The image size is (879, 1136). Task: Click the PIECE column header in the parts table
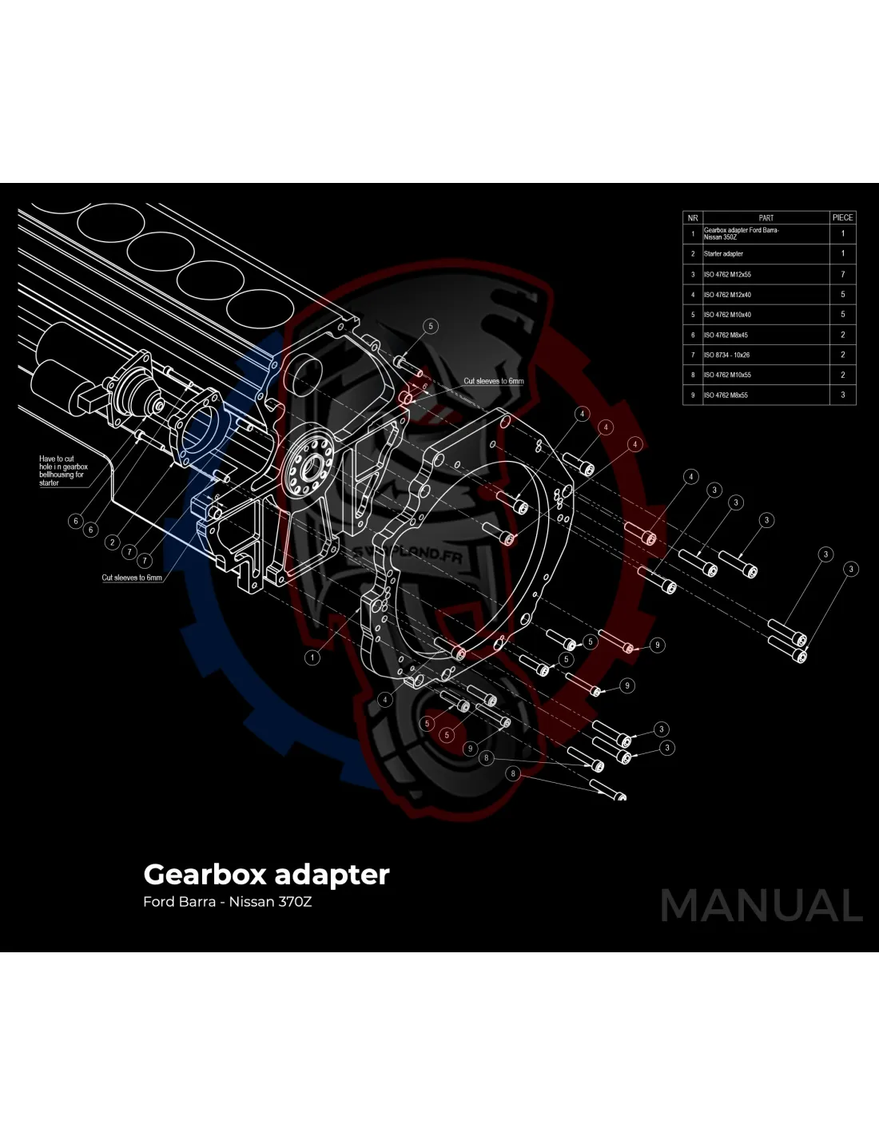(x=842, y=217)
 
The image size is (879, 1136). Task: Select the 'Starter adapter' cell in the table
(x=723, y=254)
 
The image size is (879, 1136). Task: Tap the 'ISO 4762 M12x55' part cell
(x=727, y=275)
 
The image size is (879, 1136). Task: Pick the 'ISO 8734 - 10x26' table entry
(x=726, y=355)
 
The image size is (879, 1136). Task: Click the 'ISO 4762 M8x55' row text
(x=726, y=395)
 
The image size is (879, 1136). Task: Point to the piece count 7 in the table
(x=842, y=275)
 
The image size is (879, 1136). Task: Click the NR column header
(x=692, y=217)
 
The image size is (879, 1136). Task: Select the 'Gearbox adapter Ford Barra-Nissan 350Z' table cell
(x=741, y=233)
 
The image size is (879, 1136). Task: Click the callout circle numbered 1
(x=312, y=657)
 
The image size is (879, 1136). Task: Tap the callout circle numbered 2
(x=113, y=542)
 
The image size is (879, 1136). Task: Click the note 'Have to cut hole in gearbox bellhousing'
(x=63, y=471)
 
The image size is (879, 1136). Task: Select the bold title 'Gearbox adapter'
(x=266, y=874)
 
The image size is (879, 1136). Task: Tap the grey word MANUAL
(x=762, y=906)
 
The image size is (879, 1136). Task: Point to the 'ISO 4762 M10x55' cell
(x=727, y=375)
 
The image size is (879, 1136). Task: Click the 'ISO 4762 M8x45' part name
(x=726, y=336)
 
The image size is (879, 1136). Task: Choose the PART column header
(x=766, y=217)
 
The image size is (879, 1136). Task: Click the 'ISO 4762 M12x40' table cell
(x=727, y=295)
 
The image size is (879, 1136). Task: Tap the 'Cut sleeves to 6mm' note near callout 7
(x=132, y=578)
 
